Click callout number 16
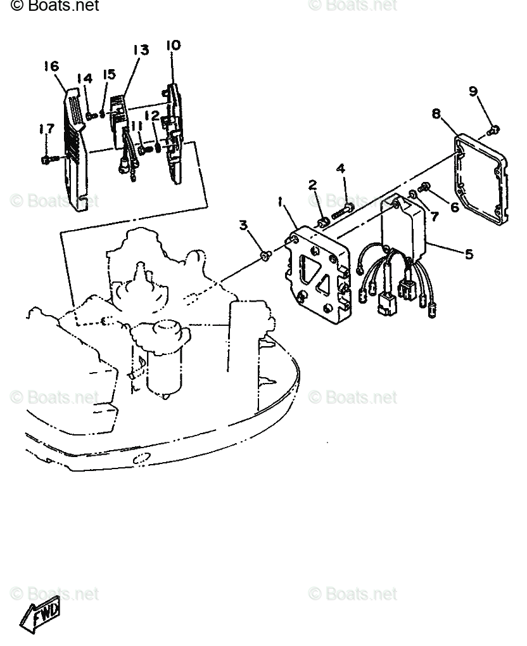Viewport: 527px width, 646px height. coord(51,66)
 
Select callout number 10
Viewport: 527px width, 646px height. coord(173,45)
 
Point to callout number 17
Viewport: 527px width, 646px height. coord(46,129)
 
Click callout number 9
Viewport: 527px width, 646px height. coord(473,91)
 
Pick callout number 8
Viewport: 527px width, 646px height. coord(436,113)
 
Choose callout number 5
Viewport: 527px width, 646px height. coord(469,254)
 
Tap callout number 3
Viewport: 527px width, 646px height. coord(243,224)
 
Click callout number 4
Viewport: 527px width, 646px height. coord(341,169)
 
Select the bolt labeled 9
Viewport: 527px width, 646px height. coord(494,130)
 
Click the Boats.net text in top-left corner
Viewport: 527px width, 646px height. coord(55,6)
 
